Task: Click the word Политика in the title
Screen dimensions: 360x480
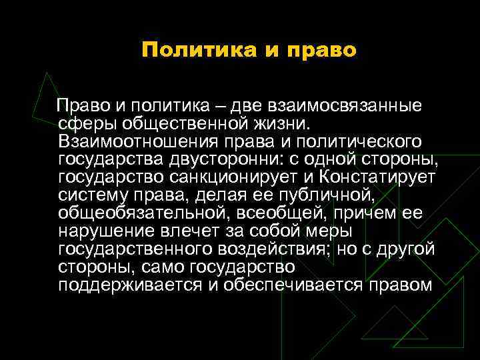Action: [192, 51]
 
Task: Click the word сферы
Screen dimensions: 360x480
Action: [83, 125]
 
